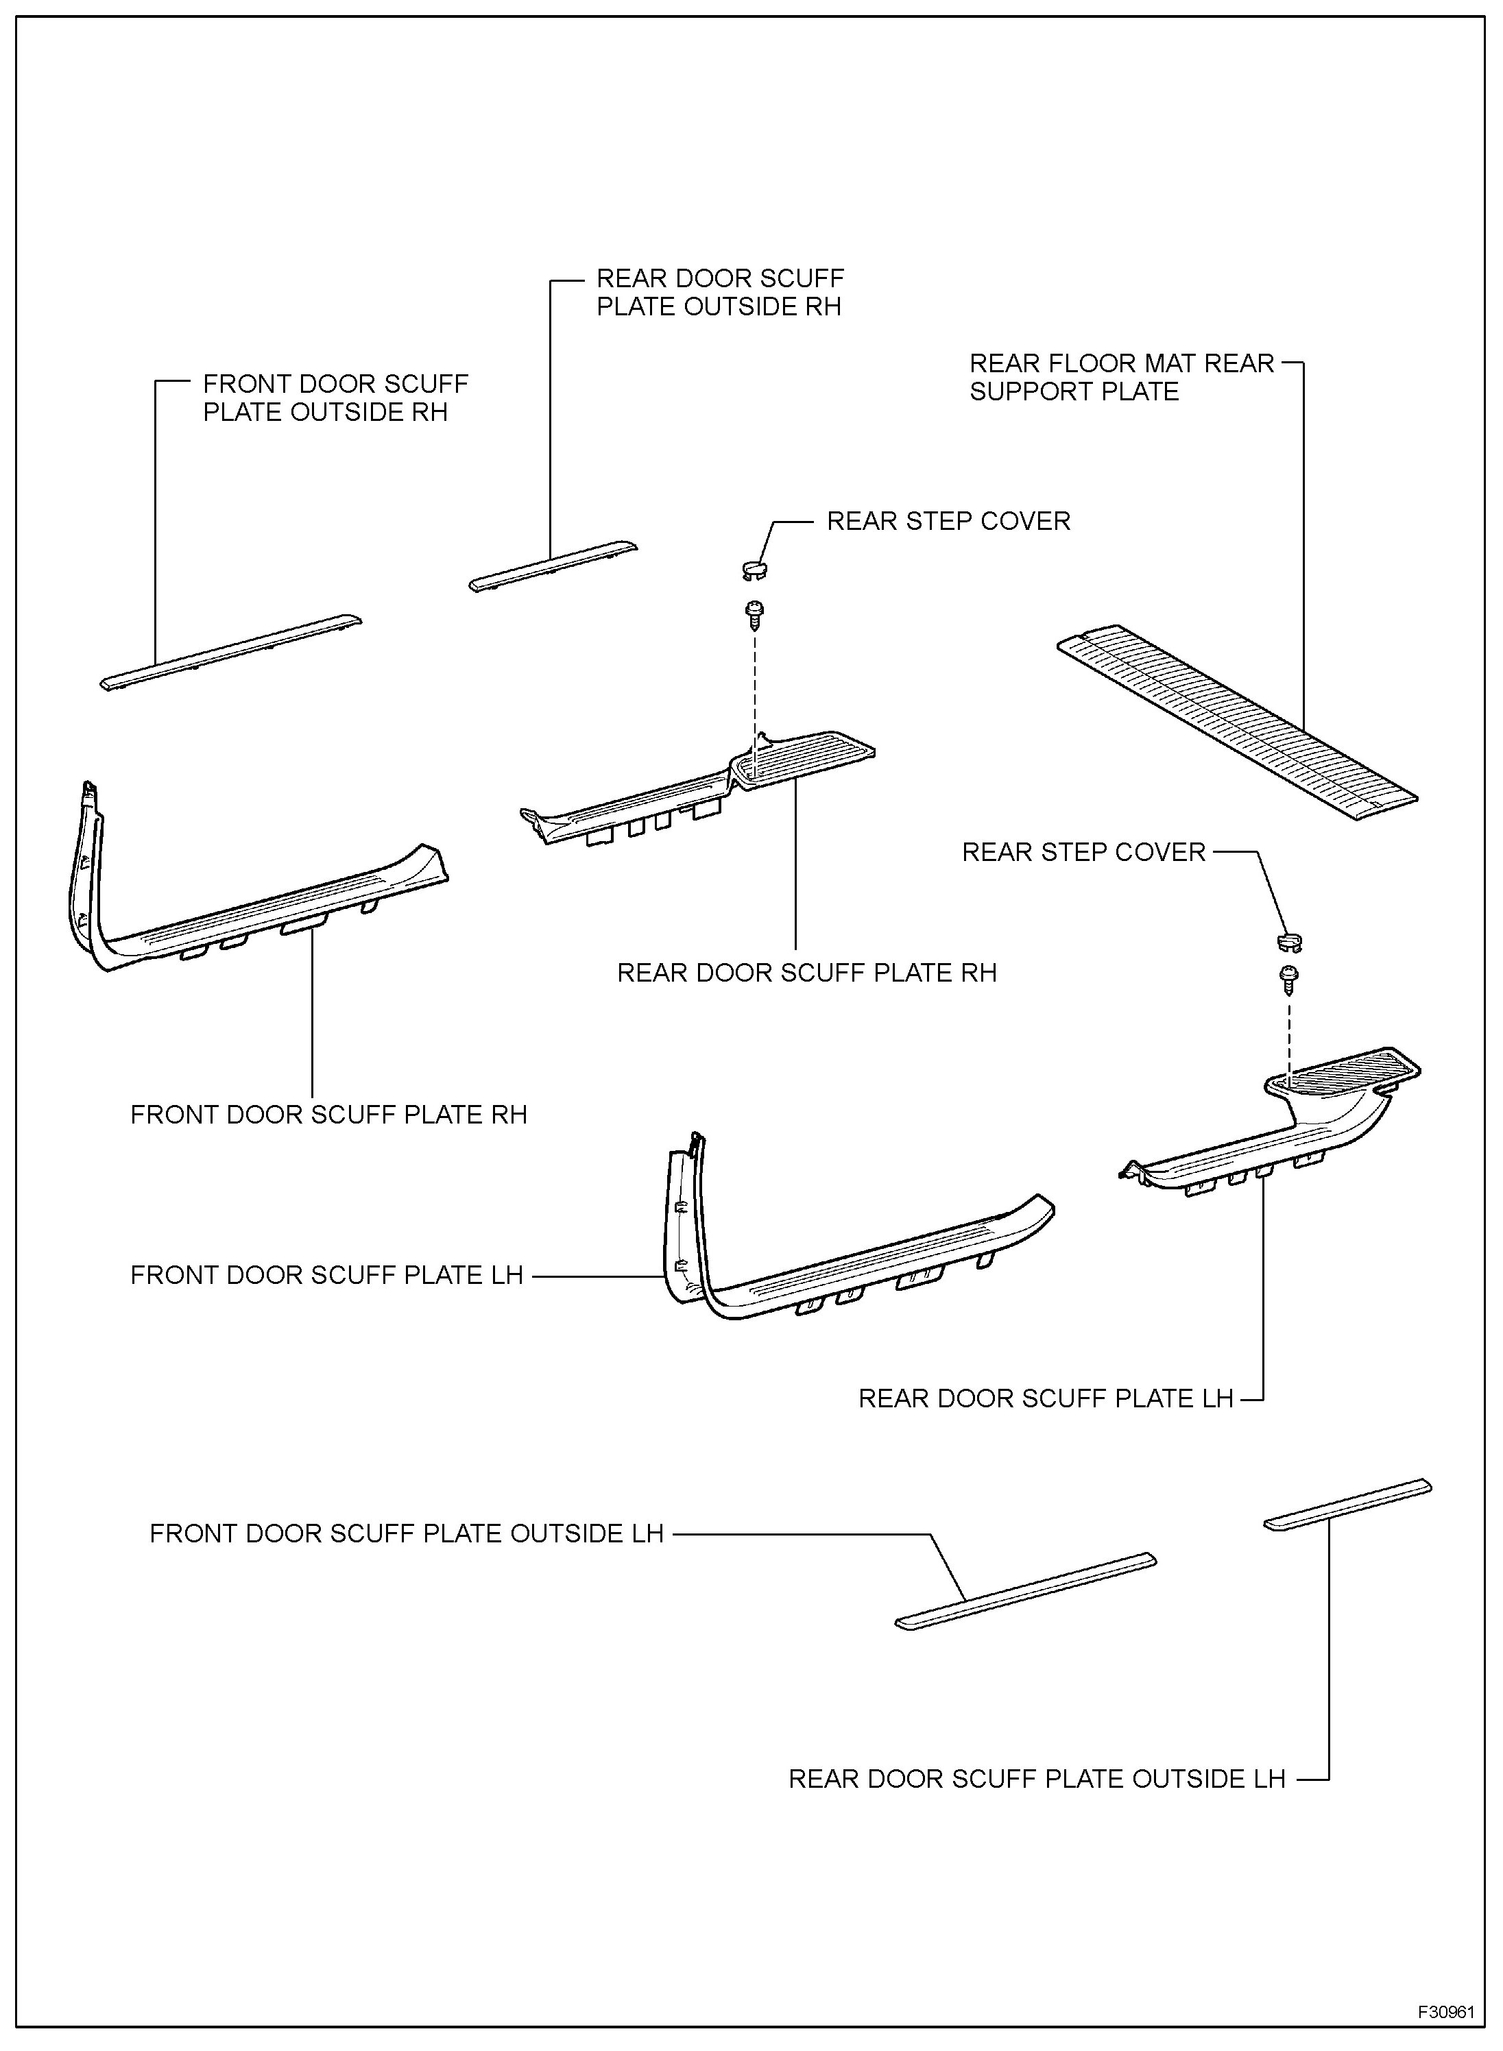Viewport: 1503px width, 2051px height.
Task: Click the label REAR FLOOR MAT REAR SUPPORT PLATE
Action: click(x=1121, y=378)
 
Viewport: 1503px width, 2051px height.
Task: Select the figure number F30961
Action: click(x=1445, y=2011)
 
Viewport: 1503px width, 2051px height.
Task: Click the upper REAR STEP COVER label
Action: click(x=948, y=521)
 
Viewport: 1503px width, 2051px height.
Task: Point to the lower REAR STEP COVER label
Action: click(x=1083, y=852)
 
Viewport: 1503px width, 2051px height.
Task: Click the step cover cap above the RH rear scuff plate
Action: click(x=754, y=570)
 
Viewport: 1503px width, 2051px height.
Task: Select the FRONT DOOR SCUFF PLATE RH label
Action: click(x=328, y=1115)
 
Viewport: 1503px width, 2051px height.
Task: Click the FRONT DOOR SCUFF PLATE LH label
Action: click(x=326, y=1275)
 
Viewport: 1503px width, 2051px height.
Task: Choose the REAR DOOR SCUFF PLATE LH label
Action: click(x=1046, y=1398)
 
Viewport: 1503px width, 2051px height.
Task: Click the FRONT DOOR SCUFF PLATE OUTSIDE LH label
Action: click(x=407, y=1533)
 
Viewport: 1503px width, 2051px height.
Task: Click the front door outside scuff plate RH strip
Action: click(x=230, y=651)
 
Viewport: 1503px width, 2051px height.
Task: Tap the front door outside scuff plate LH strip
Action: click(x=1025, y=1590)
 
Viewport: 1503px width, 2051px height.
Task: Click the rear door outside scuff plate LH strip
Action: click(x=1347, y=1505)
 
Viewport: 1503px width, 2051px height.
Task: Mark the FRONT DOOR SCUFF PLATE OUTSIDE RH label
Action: click(x=334, y=398)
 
